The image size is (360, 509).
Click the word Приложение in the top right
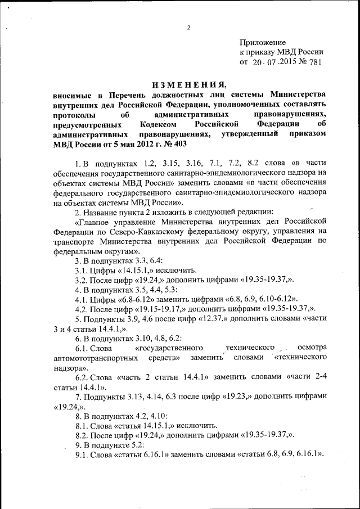263,42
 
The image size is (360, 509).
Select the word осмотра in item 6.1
312,348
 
